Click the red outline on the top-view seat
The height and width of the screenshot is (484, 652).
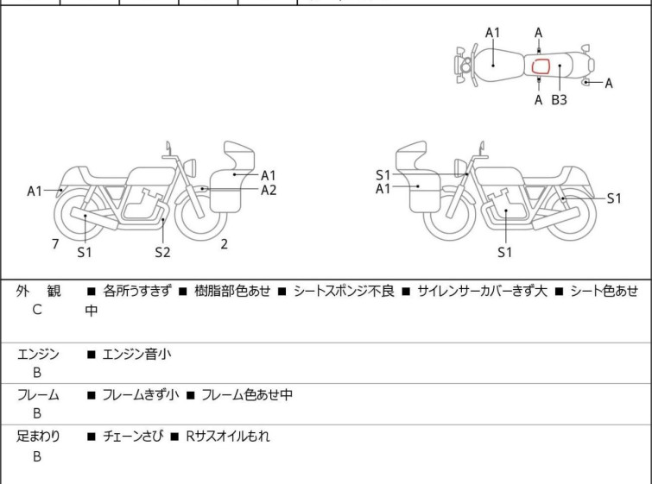[541, 66]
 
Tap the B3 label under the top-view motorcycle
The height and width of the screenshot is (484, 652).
[560, 100]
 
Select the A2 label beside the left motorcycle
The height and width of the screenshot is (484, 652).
[269, 190]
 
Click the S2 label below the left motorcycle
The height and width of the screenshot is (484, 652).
[162, 252]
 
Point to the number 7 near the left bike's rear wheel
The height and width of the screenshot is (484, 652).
[55, 244]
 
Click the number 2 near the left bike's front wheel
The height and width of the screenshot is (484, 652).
[224, 244]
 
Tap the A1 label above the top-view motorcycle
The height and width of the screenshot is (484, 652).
[492, 33]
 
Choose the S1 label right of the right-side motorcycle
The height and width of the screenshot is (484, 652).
[613, 198]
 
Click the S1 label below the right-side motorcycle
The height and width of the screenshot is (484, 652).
[505, 252]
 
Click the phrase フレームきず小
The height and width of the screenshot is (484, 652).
[140, 394]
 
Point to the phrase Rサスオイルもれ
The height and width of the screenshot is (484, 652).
[226, 437]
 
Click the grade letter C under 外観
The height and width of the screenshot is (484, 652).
[37, 310]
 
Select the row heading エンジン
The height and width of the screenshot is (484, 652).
[38, 353]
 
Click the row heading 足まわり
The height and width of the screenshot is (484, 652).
[38, 437]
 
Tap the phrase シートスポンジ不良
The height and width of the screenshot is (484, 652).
[344, 292]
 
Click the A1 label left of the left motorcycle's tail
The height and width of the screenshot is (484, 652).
[35, 191]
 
